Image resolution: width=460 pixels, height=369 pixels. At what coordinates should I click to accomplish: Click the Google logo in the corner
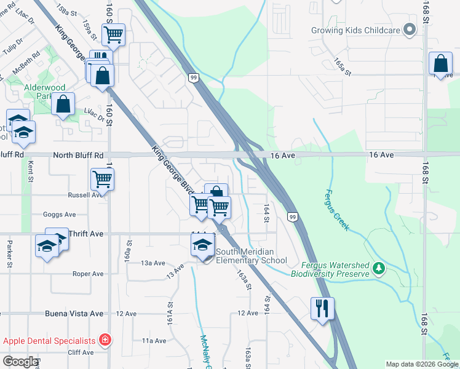20,362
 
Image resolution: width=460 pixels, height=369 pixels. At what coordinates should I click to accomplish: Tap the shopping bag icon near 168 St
440,64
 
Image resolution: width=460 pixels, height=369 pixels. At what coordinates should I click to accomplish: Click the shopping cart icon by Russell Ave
102,180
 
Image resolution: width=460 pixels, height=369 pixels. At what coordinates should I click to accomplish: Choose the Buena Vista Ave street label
74,314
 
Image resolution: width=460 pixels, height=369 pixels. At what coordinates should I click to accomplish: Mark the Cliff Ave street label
81,352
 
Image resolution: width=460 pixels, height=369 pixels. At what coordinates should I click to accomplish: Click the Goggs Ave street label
59,215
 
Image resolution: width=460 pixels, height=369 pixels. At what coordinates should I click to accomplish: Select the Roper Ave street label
87,274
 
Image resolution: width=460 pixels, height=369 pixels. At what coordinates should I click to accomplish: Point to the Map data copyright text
422,364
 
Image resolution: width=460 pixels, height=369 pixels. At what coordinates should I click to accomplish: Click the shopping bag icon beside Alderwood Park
63,105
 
